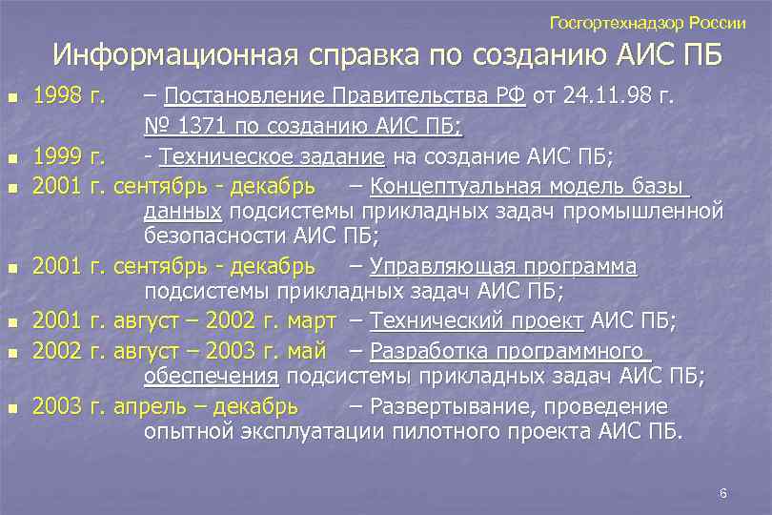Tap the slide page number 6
pos(723,493)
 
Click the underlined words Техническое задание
pos(272,156)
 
